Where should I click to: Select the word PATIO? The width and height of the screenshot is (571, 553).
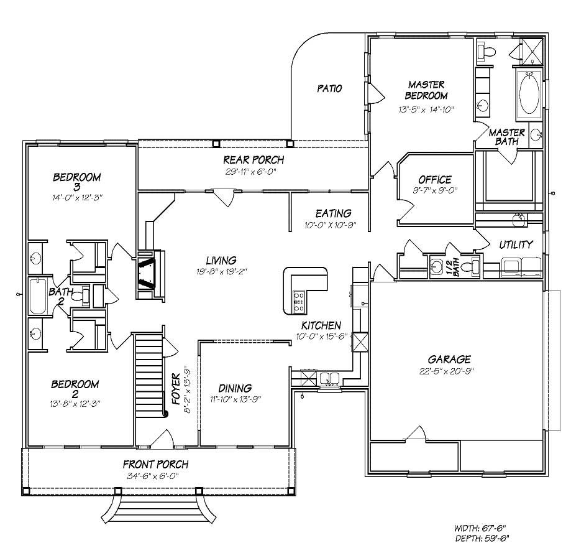click(329, 88)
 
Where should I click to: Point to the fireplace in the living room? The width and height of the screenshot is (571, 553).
click(149, 271)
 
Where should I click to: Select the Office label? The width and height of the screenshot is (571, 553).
click(434, 180)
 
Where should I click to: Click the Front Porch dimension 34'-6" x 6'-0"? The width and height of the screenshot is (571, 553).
click(155, 477)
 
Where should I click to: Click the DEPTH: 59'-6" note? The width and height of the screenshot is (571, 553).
click(483, 538)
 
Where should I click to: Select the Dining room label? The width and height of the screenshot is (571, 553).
click(234, 388)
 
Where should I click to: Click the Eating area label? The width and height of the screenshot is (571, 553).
click(333, 213)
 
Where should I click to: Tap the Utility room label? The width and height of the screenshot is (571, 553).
click(516, 244)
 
